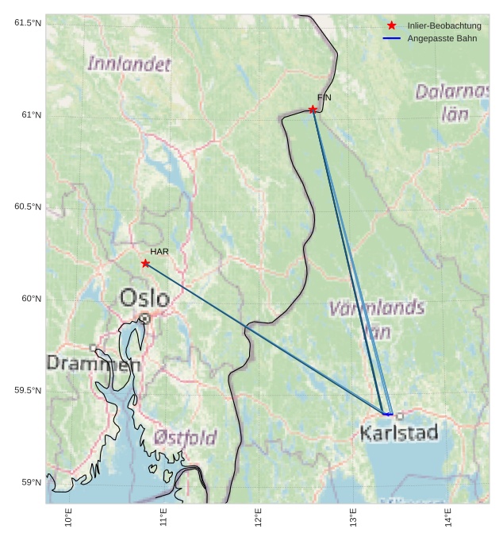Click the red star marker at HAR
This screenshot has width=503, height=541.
(x=145, y=263)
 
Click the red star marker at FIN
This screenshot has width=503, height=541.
(x=313, y=109)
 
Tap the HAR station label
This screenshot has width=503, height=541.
(x=159, y=252)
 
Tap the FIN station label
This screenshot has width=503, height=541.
(x=324, y=98)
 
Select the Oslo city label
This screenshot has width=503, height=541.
(x=144, y=298)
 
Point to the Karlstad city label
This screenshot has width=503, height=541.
(x=398, y=433)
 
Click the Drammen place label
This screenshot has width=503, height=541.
(x=94, y=365)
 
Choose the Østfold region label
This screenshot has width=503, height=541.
(x=185, y=438)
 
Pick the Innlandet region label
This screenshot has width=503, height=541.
(x=129, y=64)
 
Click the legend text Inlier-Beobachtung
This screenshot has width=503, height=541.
(x=444, y=26)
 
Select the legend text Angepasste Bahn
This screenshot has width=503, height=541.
(x=442, y=38)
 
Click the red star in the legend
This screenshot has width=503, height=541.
(x=391, y=26)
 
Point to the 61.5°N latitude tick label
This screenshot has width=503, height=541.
(x=28, y=22)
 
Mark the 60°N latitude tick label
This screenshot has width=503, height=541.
(x=29, y=299)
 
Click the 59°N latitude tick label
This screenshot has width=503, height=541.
(x=29, y=482)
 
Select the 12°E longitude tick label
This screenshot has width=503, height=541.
(x=259, y=518)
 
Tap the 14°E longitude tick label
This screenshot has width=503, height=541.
(x=449, y=518)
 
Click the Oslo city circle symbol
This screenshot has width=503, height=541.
(x=145, y=319)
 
